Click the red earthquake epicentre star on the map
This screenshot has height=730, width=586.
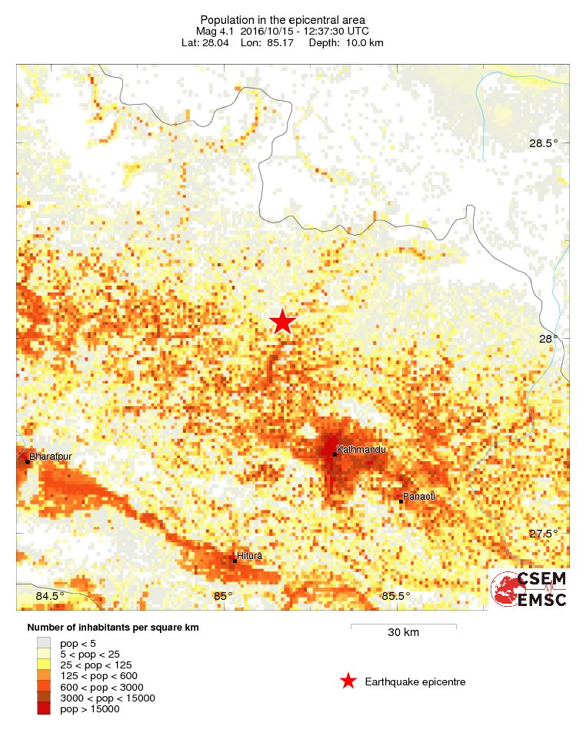click(x=282, y=322)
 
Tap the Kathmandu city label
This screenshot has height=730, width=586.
click(x=361, y=449)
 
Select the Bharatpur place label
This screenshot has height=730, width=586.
click(x=50, y=457)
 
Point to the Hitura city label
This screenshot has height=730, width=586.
click(x=250, y=555)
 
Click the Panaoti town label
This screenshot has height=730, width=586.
click(x=420, y=497)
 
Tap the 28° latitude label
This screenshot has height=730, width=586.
click(x=548, y=339)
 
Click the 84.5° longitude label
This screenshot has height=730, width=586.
click(x=50, y=596)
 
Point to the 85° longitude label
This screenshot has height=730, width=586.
click(x=223, y=596)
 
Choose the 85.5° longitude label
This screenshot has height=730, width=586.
click(x=396, y=596)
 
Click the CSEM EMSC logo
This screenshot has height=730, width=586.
click(x=529, y=589)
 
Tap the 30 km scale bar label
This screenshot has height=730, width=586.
click(x=403, y=632)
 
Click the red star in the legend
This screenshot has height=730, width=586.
click(x=348, y=681)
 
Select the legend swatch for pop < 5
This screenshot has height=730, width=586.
click(x=45, y=641)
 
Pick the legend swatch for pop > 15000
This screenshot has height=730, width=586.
click(x=45, y=708)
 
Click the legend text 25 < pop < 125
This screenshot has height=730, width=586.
click(x=97, y=664)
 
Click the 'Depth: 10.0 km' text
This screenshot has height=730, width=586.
click(x=345, y=42)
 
